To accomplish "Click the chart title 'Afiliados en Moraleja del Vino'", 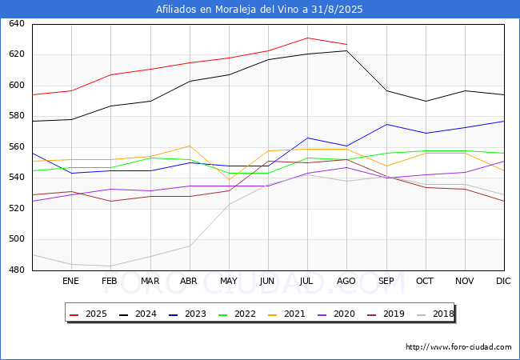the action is tap(227, 10).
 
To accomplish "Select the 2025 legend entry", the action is tap(88, 314).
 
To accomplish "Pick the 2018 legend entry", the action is tap(435, 314).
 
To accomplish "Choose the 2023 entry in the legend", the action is tap(187, 314).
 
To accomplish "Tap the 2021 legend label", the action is tap(286, 314).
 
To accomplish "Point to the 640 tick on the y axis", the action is tap(17, 23).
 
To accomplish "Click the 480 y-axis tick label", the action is tap(17, 270).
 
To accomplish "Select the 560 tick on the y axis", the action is tap(17, 147).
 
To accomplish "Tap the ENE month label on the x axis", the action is tap(70, 281).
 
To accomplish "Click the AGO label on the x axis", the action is tap(346, 281).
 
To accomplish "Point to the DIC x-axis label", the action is tap(503, 281).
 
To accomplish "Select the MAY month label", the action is tap(229, 281).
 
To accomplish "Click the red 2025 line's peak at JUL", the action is tap(308, 38).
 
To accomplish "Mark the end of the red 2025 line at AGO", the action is tap(347, 44).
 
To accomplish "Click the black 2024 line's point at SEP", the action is tap(386, 90).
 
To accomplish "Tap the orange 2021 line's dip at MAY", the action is tap(229, 180).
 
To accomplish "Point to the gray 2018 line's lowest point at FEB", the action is tap(110, 266).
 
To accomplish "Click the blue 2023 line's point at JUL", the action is tap(308, 138).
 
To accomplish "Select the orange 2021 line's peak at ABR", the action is tap(190, 146).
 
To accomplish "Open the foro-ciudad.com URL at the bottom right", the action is tap(458, 347).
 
